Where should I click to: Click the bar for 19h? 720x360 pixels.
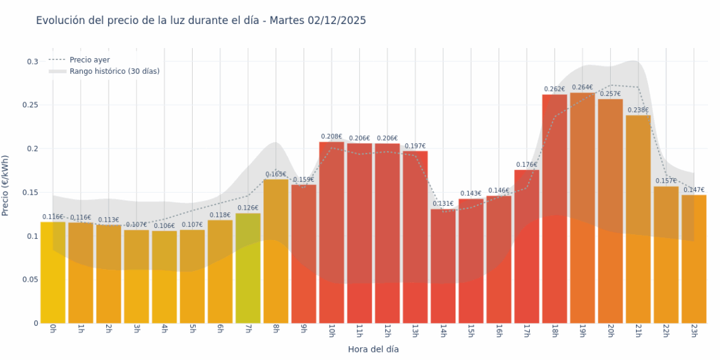pos(582,208)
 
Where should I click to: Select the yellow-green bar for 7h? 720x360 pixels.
pos(248,268)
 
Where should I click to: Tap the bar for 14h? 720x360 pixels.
pos(443,266)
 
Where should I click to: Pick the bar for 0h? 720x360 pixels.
pos(53,272)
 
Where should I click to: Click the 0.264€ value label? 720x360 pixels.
pos(582,87)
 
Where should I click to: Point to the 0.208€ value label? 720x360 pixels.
pos(332,136)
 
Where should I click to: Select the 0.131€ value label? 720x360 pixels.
pos(443,203)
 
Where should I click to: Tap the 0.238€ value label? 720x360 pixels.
pos(639,110)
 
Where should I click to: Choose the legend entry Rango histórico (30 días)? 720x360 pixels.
pos(114,71)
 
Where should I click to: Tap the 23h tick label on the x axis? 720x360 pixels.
pos(694,330)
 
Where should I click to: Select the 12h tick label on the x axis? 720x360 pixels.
pos(387,330)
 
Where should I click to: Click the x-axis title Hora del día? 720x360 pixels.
pos(373,349)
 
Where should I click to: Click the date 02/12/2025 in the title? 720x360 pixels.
pos(337,20)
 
